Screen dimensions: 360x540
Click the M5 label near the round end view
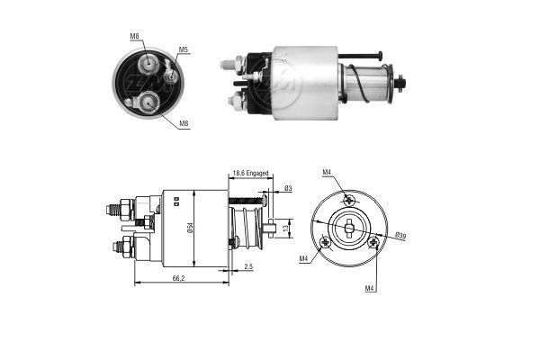click(x=183, y=49)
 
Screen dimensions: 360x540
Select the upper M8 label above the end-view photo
click(x=134, y=36)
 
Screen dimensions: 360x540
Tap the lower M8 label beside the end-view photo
click(x=183, y=123)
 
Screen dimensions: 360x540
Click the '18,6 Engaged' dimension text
click(x=251, y=173)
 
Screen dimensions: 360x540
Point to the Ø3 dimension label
click(x=287, y=187)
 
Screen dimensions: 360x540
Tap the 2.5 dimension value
click(x=247, y=267)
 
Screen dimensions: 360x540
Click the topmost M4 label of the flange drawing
click(x=328, y=172)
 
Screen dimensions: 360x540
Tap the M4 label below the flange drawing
click(x=370, y=288)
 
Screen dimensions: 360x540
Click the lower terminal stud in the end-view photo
click(x=147, y=103)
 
